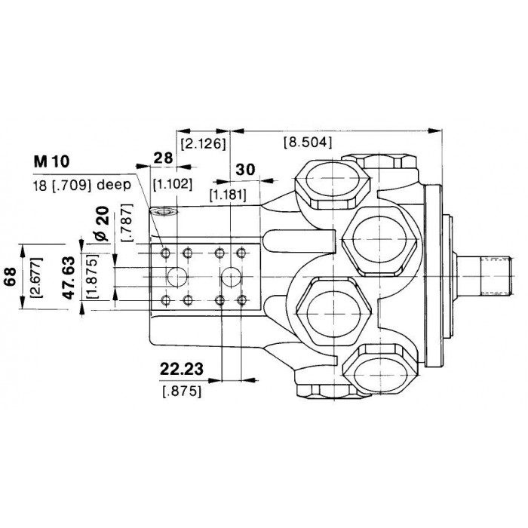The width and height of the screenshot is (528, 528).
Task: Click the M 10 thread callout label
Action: pos(51,162)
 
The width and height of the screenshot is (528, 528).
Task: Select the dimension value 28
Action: pos(164,158)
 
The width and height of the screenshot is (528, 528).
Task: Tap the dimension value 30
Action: pos(245,170)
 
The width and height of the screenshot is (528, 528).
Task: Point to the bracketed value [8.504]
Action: pos(308,142)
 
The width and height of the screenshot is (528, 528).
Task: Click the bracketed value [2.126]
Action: pos(203,144)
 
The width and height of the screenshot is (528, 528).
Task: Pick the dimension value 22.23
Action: pos(182,369)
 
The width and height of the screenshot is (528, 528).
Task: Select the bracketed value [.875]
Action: pos(182,391)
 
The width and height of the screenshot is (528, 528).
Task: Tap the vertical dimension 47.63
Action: pos(69,278)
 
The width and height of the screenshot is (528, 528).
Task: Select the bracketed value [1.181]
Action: pos(228,195)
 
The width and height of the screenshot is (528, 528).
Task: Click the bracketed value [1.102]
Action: pos(173,184)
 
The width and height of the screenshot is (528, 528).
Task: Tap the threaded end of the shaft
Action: pos(496,276)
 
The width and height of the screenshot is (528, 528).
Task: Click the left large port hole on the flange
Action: pos(177,277)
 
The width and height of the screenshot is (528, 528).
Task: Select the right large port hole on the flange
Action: pos(231,277)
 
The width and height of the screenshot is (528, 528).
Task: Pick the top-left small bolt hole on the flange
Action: pos(166,253)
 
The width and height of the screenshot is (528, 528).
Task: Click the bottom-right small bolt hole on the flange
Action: pos(241,299)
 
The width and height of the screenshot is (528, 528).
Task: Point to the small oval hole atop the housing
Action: pos(164,212)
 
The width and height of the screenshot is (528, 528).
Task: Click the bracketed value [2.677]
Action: pos(36,278)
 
